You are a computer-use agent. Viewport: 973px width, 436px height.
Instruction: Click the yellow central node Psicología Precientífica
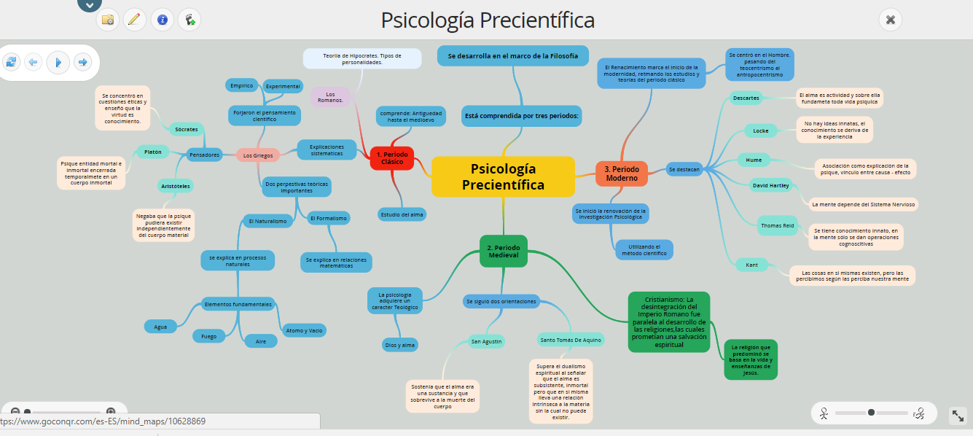tap(503, 176)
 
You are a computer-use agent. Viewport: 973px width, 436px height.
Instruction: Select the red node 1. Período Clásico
tap(392, 158)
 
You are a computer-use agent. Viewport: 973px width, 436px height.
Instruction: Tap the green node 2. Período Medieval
tap(503, 252)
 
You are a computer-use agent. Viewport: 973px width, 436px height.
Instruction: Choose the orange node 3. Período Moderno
tap(622, 174)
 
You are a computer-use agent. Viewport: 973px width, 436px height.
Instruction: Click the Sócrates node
tap(187, 129)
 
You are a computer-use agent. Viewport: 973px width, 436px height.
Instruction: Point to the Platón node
tap(153, 152)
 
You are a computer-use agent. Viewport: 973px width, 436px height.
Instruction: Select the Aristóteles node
tap(176, 187)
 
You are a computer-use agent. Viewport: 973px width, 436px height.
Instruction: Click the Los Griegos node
tap(258, 155)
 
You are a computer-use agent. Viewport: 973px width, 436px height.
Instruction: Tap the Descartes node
tap(746, 98)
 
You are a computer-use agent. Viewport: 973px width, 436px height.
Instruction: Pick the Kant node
tap(752, 265)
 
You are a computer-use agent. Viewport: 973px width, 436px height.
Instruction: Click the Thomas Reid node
tap(778, 226)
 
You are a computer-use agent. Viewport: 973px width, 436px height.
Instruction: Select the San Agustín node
tap(487, 340)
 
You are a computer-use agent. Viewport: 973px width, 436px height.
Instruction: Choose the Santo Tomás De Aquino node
tap(571, 339)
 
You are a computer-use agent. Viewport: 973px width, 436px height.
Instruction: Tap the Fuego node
tap(209, 336)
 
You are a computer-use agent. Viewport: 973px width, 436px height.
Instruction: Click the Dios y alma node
tap(399, 345)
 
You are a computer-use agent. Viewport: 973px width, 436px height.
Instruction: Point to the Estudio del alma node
tap(402, 214)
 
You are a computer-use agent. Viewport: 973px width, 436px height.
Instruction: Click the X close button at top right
tap(890, 20)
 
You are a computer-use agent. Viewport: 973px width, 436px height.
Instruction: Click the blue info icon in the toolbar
tap(162, 20)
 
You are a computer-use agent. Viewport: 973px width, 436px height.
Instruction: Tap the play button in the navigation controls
tap(58, 62)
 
